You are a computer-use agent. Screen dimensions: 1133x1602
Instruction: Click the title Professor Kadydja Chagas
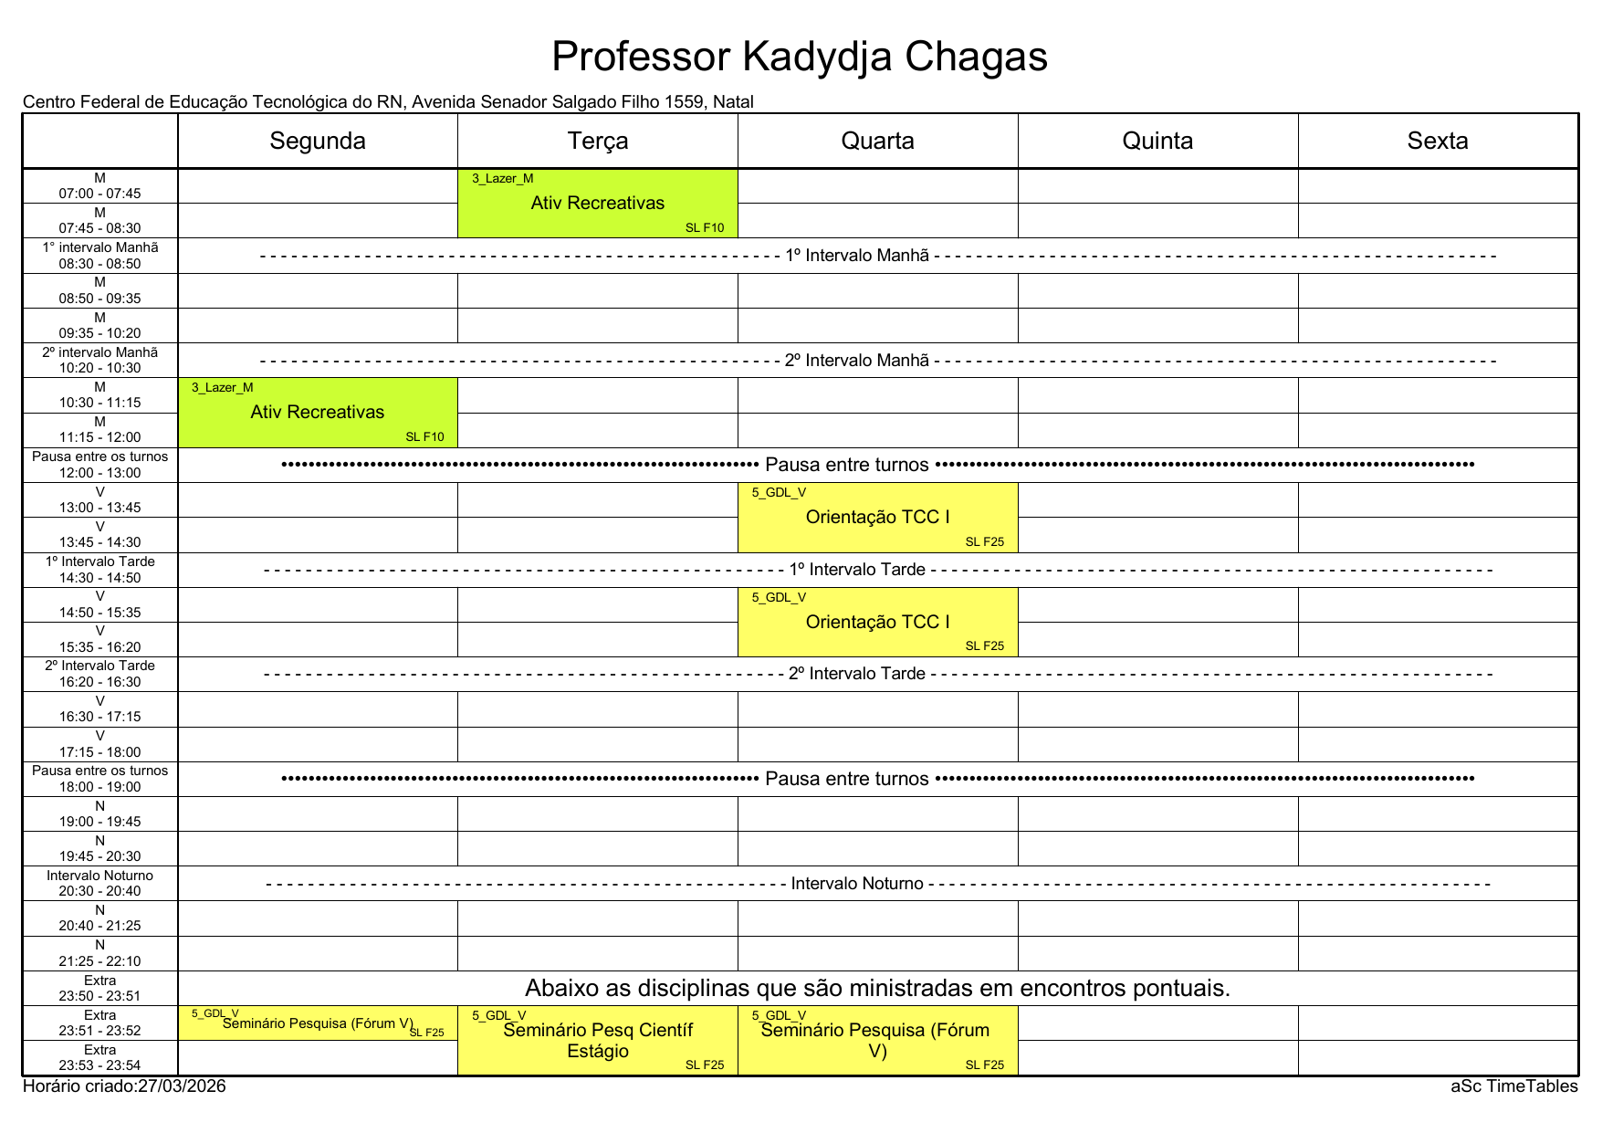pyautogui.click(x=800, y=57)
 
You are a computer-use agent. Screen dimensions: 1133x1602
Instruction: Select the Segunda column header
pyautogui.click(x=318, y=141)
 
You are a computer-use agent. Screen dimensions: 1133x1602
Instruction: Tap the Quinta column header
pyautogui.click(x=1157, y=141)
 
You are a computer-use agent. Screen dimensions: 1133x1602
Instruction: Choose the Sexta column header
pyautogui.click(x=1438, y=141)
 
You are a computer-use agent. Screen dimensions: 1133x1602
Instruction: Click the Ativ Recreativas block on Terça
pyautogui.click(x=598, y=204)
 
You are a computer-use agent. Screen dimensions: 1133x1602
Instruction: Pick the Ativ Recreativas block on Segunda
pyautogui.click(x=318, y=413)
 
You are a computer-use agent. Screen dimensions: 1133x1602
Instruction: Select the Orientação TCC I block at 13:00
pyautogui.click(x=877, y=518)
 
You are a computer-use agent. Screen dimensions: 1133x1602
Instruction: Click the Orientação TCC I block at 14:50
pyautogui.click(x=877, y=623)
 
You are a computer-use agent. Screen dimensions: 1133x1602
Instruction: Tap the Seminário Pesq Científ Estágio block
pyautogui.click(x=598, y=1041)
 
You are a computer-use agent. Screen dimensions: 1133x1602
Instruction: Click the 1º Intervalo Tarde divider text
pyautogui.click(x=857, y=570)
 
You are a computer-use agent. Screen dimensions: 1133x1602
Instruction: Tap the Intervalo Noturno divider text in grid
pyautogui.click(x=857, y=884)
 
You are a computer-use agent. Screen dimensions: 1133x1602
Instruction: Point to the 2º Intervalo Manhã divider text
pyautogui.click(x=856, y=361)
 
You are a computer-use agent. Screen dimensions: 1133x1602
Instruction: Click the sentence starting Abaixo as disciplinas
pyautogui.click(x=877, y=989)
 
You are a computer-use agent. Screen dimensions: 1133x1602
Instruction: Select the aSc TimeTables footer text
pyautogui.click(x=1513, y=1086)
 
